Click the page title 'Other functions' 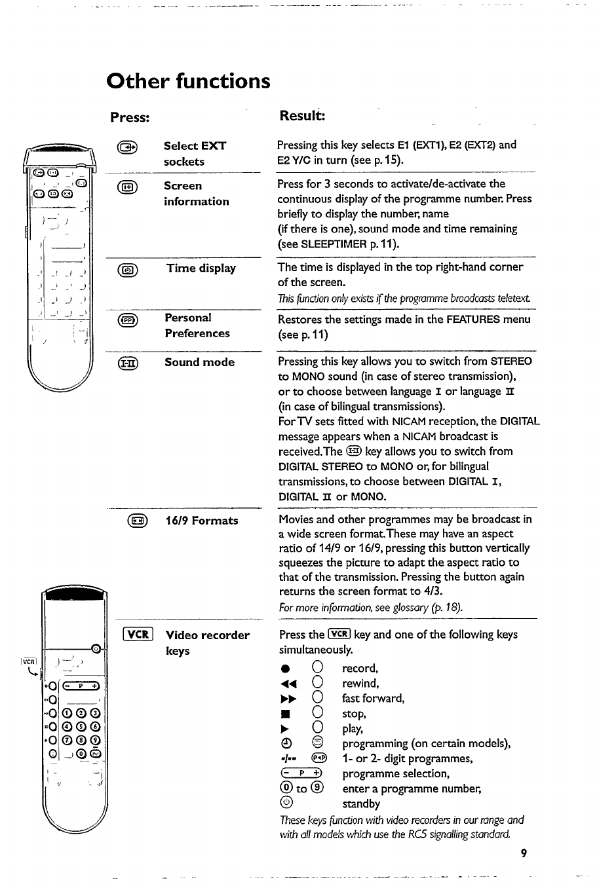188,81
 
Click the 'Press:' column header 130,117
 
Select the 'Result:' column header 302,116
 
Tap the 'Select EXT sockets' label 195,154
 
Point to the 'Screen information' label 196,194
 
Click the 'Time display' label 201,268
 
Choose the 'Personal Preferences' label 197,325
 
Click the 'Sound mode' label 199,362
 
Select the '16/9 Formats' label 201,521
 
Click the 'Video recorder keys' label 207,642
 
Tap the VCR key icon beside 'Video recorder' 138,635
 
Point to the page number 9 523,853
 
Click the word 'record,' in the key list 360,669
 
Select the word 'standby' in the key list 361,804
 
